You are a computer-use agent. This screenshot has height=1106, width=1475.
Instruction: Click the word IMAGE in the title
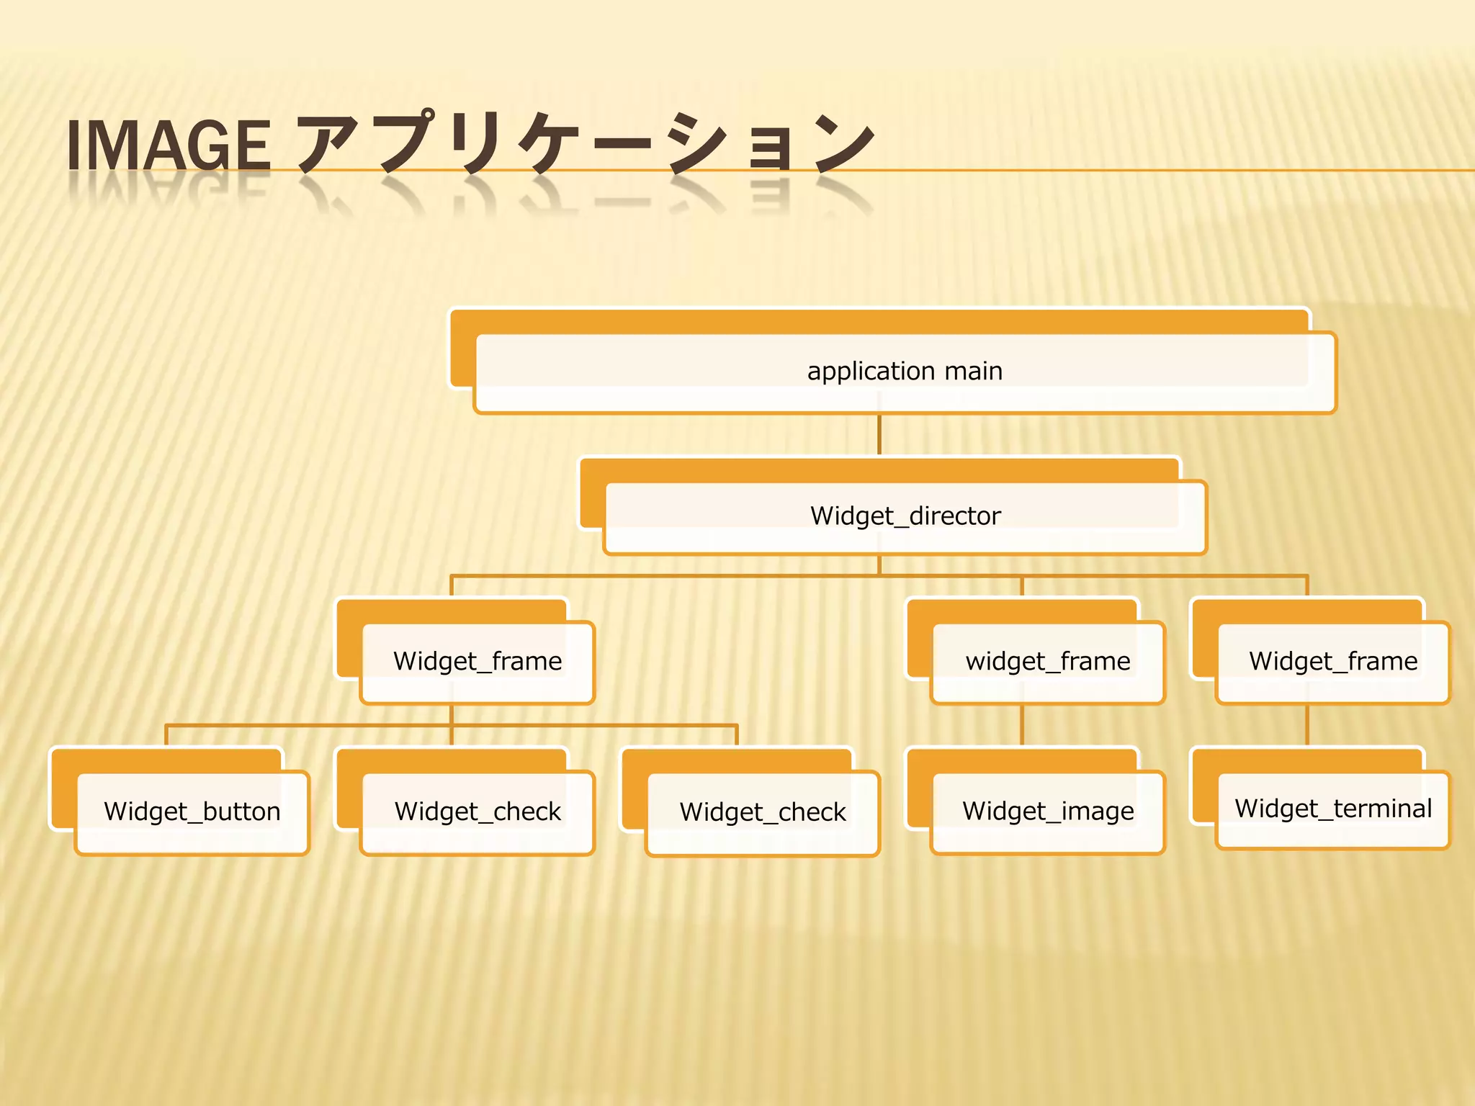(x=169, y=145)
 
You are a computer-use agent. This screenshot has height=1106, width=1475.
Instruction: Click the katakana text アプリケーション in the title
(x=585, y=144)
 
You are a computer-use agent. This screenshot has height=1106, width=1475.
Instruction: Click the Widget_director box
(x=905, y=516)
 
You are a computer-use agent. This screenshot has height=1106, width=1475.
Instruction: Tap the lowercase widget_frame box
(x=1048, y=662)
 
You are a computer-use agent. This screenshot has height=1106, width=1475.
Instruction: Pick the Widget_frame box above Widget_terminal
(x=1333, y=662)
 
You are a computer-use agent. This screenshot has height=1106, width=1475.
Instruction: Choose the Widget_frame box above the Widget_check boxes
(x=478, y=662)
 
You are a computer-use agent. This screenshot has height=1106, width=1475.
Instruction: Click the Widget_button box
(x=192, y=812)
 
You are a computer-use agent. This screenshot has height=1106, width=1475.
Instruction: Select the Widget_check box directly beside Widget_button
(x=478, y=812)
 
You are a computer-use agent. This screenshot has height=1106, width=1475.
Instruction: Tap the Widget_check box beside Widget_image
(x=763, y=813)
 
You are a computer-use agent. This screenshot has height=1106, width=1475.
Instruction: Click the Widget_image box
(x=1048, y=811)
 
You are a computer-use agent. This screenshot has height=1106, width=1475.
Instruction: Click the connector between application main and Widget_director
(x=879, y=435)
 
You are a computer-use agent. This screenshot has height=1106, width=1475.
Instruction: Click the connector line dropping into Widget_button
(x=166, y=736)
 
